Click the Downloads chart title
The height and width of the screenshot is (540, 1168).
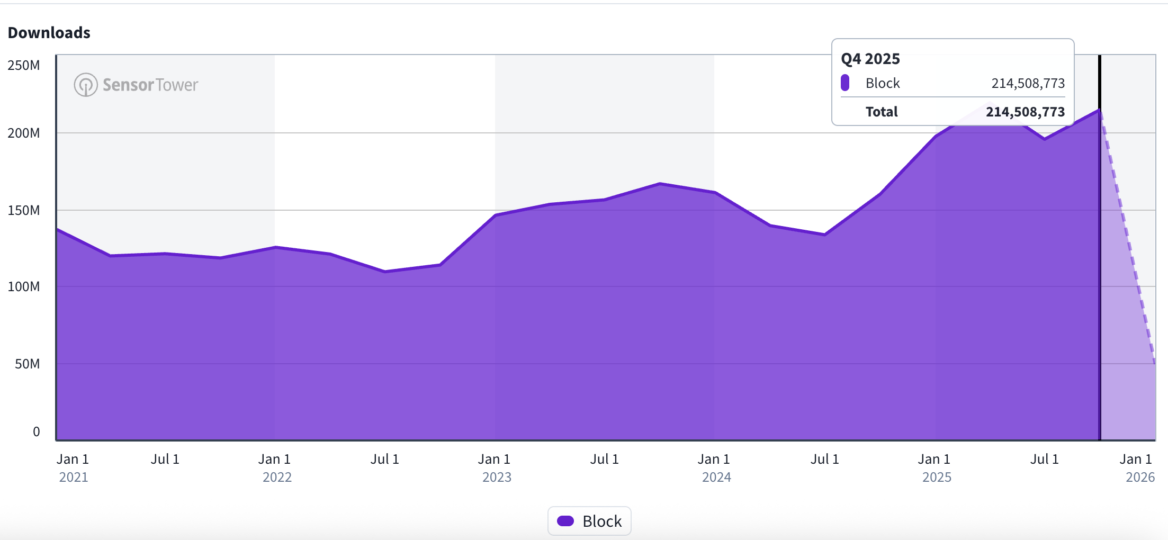click(49, 33)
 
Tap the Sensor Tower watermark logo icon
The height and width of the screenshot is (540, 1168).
click(85, 85)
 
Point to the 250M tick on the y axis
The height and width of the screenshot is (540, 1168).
click(24, 65)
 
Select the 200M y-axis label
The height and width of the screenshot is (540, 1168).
click(24, 133)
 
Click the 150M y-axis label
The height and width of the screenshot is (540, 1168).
click(24, 210)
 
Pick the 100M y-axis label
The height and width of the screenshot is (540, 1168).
click(24, 286)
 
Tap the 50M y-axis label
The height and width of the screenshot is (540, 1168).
click(28, 364)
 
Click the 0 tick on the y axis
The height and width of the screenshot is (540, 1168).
click(37, 431)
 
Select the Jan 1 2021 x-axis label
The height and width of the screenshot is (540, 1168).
click(73, 467)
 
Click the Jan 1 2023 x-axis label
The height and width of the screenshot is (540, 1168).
click(496, 467)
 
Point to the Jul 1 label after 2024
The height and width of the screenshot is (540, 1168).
click(824, 459)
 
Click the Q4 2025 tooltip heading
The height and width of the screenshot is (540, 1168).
click(870, 59)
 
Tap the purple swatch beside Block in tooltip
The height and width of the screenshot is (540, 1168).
click(845, 83)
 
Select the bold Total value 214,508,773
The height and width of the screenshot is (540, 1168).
click(1025, 112)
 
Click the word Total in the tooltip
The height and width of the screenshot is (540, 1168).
click(882, 112)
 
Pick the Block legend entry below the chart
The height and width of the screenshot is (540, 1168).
click(589, 521)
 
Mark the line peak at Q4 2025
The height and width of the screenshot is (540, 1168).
click(1100, 110)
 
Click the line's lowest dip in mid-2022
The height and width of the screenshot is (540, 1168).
click(385, 272)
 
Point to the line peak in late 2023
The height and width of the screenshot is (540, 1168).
click(660, 184)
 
